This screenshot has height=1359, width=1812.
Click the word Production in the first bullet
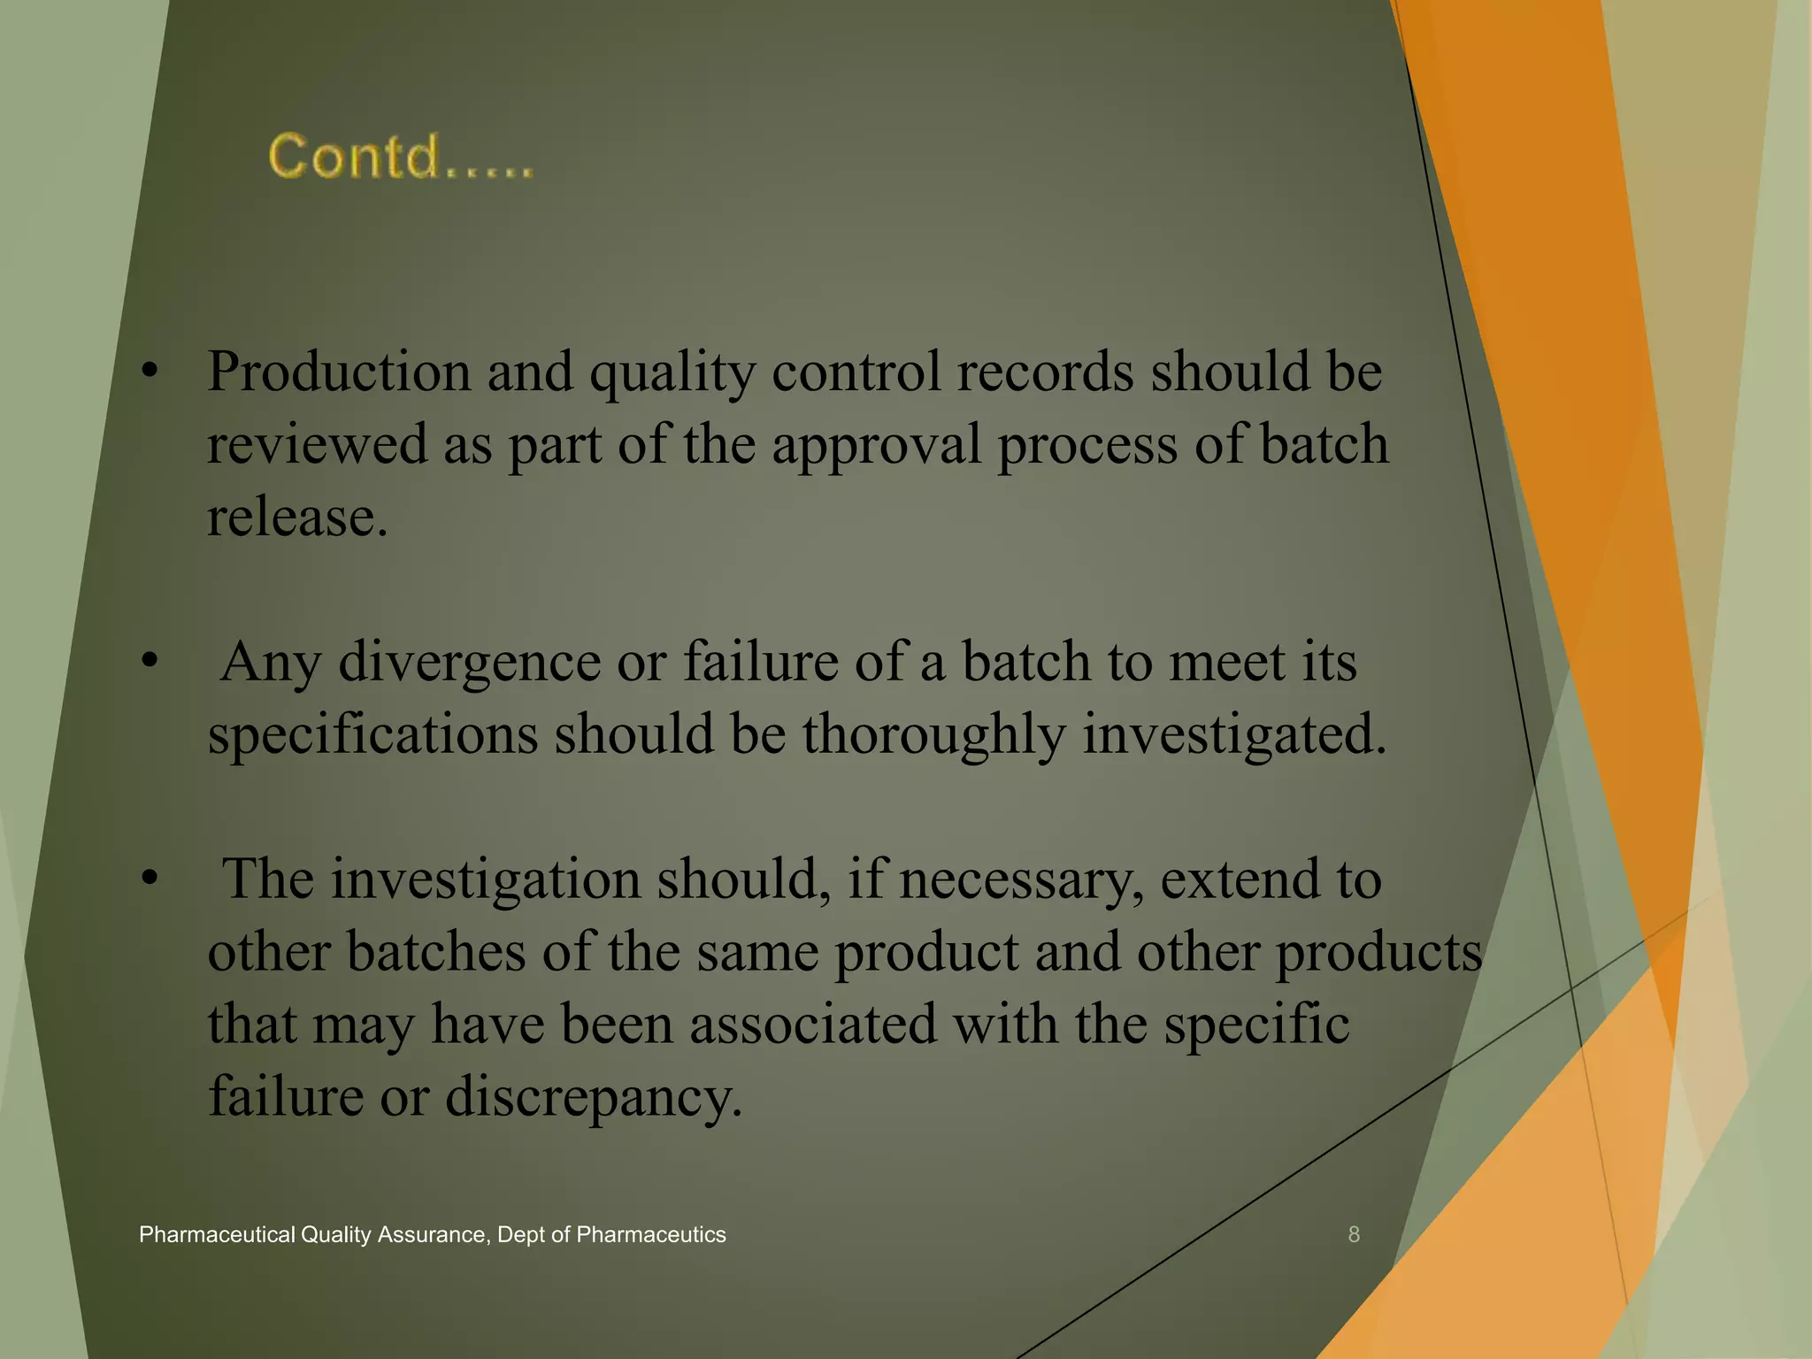point(339,372)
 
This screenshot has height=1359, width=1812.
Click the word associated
point(812,1025)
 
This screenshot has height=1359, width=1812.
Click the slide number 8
point(1354,1235)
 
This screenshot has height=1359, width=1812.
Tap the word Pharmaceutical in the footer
point(217,1235)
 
